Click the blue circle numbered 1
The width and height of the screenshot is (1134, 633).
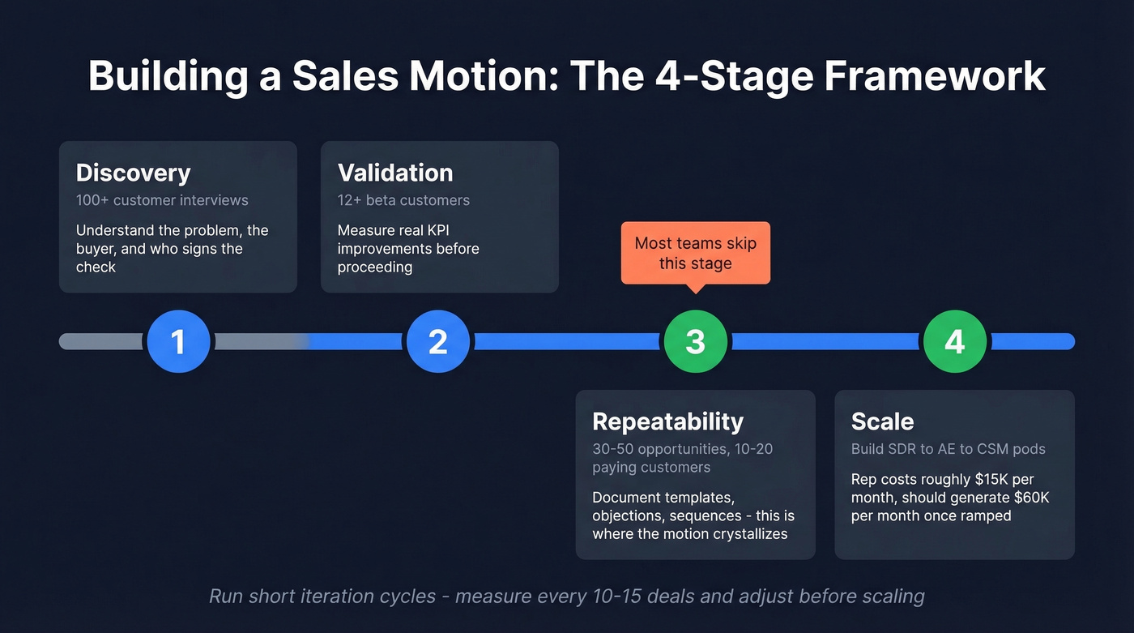tap(178, 341)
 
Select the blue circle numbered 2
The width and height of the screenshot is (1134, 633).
tap(437, 341)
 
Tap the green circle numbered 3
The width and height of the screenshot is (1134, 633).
tap(695, 341)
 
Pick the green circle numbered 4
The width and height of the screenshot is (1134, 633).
tap(954, 341)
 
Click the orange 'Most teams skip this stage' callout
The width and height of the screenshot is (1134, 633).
tap(695, 253)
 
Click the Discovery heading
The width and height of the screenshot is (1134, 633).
tap(133, 173)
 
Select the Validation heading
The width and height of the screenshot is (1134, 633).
tap(395, 173)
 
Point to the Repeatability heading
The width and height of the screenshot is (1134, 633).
tap(667, 421)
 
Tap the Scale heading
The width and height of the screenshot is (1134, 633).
tap(882, 421)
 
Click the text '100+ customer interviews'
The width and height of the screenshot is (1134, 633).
tap(162, 200)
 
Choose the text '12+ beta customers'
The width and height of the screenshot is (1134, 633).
tap(403, 200)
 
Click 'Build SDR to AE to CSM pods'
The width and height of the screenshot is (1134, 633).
tap(948, 449)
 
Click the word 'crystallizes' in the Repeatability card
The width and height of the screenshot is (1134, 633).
tap(747, 534)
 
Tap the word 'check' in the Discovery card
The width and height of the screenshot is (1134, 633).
tap(96, 267)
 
